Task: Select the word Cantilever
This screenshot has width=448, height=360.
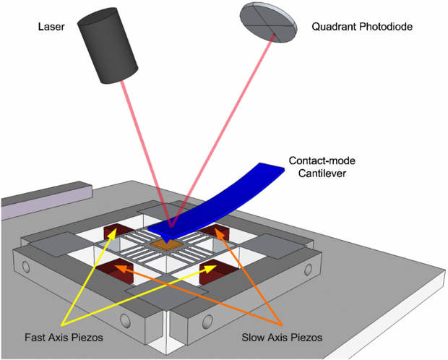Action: point(311,174)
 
